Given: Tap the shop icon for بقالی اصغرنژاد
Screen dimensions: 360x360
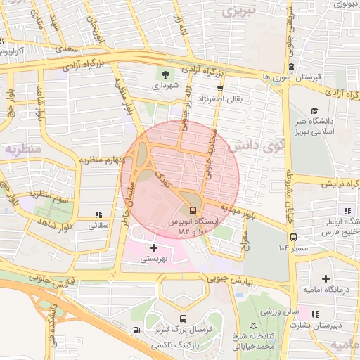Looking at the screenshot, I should [221, 89].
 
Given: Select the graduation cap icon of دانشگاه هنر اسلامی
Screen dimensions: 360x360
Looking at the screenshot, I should [314, 110].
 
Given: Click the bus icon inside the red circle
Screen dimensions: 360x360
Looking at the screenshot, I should [193, 210].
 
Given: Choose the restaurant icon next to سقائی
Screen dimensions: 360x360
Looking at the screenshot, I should [97, 214].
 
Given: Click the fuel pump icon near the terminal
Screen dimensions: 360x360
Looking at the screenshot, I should [135, 330].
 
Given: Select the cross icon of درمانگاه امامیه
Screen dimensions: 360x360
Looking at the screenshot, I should [324, 279].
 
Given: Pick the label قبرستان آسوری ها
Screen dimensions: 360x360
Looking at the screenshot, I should [295, 76].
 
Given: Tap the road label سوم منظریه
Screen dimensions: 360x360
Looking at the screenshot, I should [52, 193].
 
